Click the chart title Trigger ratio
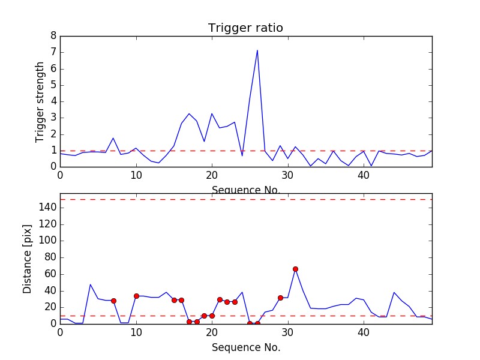245,28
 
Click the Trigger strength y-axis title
40,101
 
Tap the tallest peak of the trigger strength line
257,50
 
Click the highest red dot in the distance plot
295,269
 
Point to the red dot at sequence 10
136,296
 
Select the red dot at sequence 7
113,301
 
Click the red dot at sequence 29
280,298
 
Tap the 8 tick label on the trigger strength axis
53,36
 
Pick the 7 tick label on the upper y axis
53,52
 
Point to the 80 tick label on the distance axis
50,257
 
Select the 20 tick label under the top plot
212,175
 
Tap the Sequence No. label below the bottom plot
245,347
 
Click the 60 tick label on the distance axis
50,274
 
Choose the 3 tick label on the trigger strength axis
53,118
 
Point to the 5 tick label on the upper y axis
53,85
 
